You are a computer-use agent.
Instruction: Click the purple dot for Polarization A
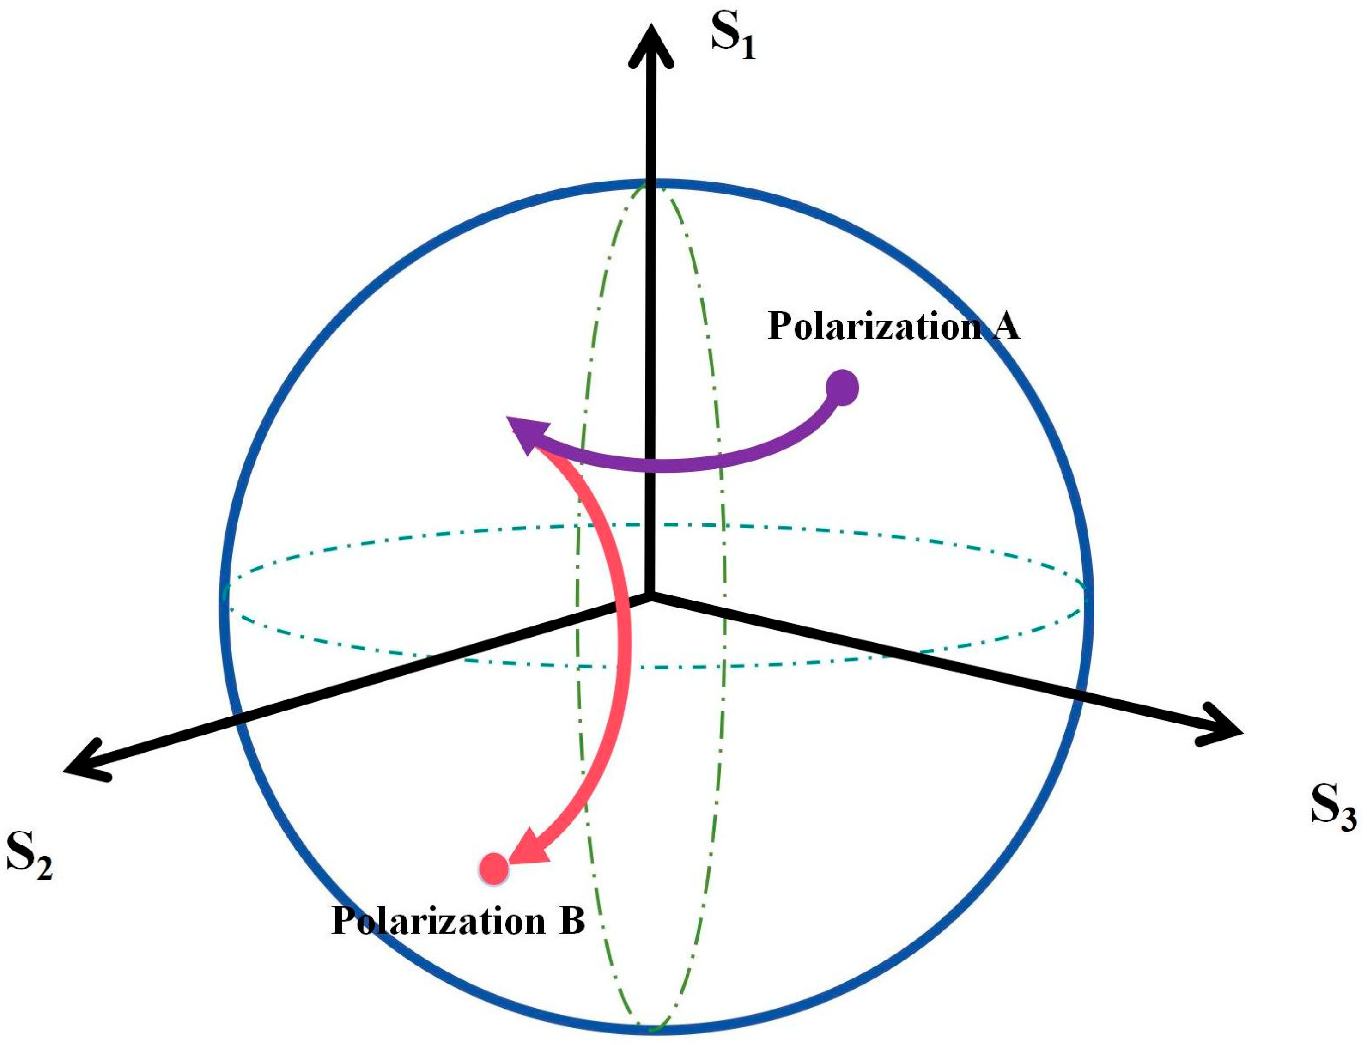[x=842, y=388]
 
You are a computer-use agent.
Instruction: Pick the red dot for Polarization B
[x=494, y=869]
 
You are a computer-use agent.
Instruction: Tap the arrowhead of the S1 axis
[x=650, y=43]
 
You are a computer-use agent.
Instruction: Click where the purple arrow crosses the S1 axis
[x=650, y=464]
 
